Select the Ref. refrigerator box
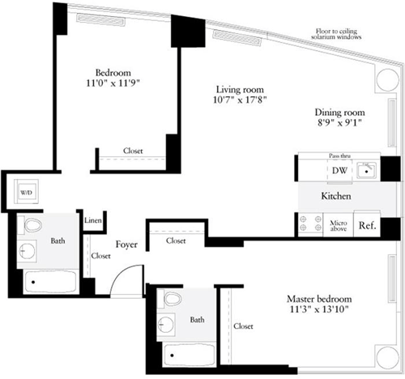[366, 225]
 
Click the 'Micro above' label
[338, 225]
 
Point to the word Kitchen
[336, 197]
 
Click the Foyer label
[126, 242]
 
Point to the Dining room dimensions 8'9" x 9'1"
[339, 124]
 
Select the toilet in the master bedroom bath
[172, 300]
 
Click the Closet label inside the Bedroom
[134, 151]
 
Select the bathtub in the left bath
[49, 283]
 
